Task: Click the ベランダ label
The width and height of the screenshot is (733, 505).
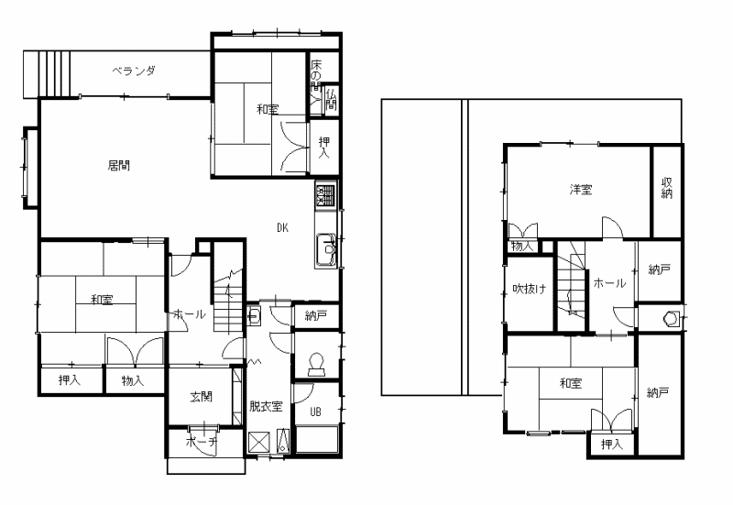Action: coord(134,71)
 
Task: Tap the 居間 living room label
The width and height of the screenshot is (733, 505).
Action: coord(119,166)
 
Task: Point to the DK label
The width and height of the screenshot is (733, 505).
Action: coord(283,227)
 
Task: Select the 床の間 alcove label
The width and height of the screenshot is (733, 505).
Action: coord(316,74)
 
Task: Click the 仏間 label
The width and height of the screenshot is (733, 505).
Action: coord(331,98)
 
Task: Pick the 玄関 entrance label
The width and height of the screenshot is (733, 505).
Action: coord(202,397)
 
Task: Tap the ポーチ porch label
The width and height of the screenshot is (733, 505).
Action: coord(202,442)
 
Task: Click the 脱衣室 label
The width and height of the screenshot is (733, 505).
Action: coord(266,406)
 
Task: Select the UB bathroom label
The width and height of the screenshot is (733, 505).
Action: coord(316,412)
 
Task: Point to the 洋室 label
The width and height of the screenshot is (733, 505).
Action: coord(581,190)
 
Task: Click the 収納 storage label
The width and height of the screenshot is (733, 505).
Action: coord(667,188)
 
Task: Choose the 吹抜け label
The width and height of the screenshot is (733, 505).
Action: coord(530,289)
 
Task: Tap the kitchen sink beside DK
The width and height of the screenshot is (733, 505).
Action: coord(326,249)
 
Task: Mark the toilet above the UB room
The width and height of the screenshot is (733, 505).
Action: coord(316,364)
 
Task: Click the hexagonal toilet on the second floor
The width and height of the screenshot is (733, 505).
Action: coord(672,319)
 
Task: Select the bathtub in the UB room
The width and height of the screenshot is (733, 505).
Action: coord(317,439)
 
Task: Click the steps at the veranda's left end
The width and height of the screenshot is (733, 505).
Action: coord(48,74)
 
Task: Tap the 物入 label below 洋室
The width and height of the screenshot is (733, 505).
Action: coord(522,247)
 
